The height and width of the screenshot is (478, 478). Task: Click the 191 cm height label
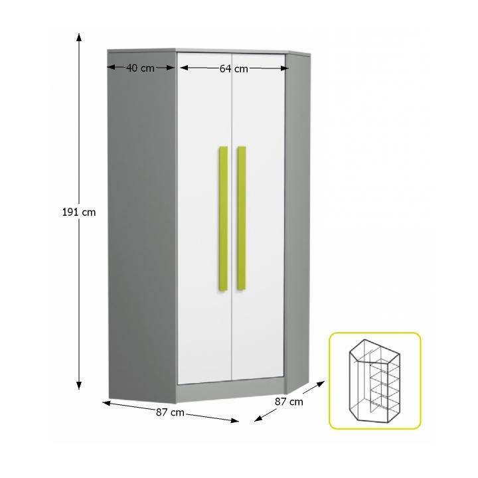80,212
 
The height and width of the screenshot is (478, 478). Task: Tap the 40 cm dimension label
140,68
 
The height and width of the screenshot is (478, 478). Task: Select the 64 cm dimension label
234,68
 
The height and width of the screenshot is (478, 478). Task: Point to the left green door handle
224,218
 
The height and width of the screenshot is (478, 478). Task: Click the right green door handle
242,218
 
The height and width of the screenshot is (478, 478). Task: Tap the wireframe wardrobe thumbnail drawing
375,381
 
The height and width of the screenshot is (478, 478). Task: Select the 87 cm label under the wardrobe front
170,412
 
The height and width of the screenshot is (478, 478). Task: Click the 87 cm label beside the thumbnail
289,401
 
